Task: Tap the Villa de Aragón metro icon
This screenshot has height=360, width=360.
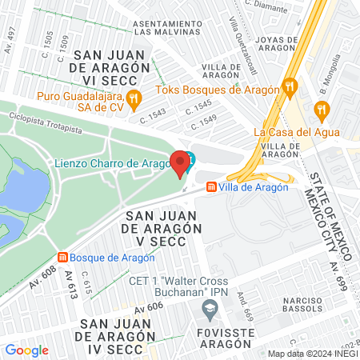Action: (211, 186)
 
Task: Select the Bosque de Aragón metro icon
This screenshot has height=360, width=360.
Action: (62, 257)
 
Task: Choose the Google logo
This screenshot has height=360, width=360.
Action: (26, 350)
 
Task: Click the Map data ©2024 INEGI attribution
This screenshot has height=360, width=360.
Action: (312, 354)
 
